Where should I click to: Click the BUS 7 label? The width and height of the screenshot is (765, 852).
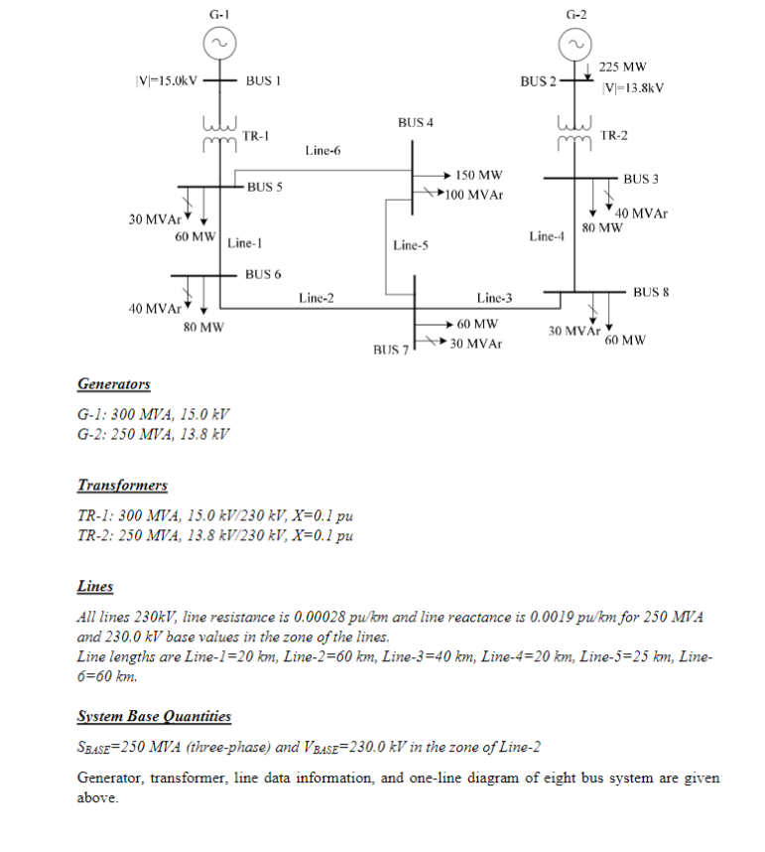tap(390, 350)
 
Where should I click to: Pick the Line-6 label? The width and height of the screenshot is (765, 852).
tap(322, 151)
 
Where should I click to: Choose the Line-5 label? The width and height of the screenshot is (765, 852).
tap(410, 244)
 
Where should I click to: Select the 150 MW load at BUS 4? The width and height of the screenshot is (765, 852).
tap(479, 174)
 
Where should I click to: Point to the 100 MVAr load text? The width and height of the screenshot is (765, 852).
tap(474, 194)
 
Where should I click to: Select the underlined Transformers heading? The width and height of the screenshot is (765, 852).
tap(122, 486)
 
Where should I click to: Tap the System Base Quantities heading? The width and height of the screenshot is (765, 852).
tap(154, 716)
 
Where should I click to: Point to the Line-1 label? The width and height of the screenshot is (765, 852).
tap(244, 242)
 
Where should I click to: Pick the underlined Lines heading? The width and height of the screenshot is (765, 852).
tap(95, 587)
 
